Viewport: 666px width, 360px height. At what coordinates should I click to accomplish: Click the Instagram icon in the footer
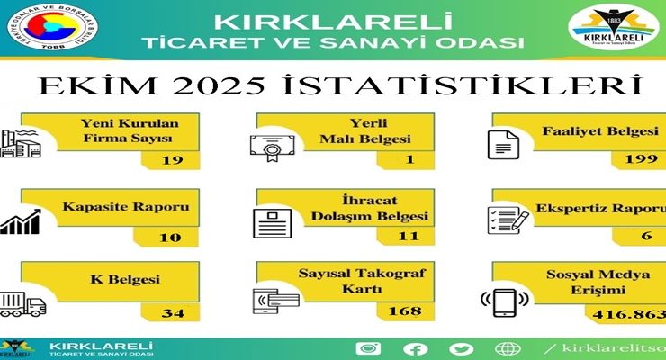367,348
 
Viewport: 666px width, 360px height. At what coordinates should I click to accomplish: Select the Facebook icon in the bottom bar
415,348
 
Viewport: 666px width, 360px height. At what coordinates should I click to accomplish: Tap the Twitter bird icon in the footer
462,348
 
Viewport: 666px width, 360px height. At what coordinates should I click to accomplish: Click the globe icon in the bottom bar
508,348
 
